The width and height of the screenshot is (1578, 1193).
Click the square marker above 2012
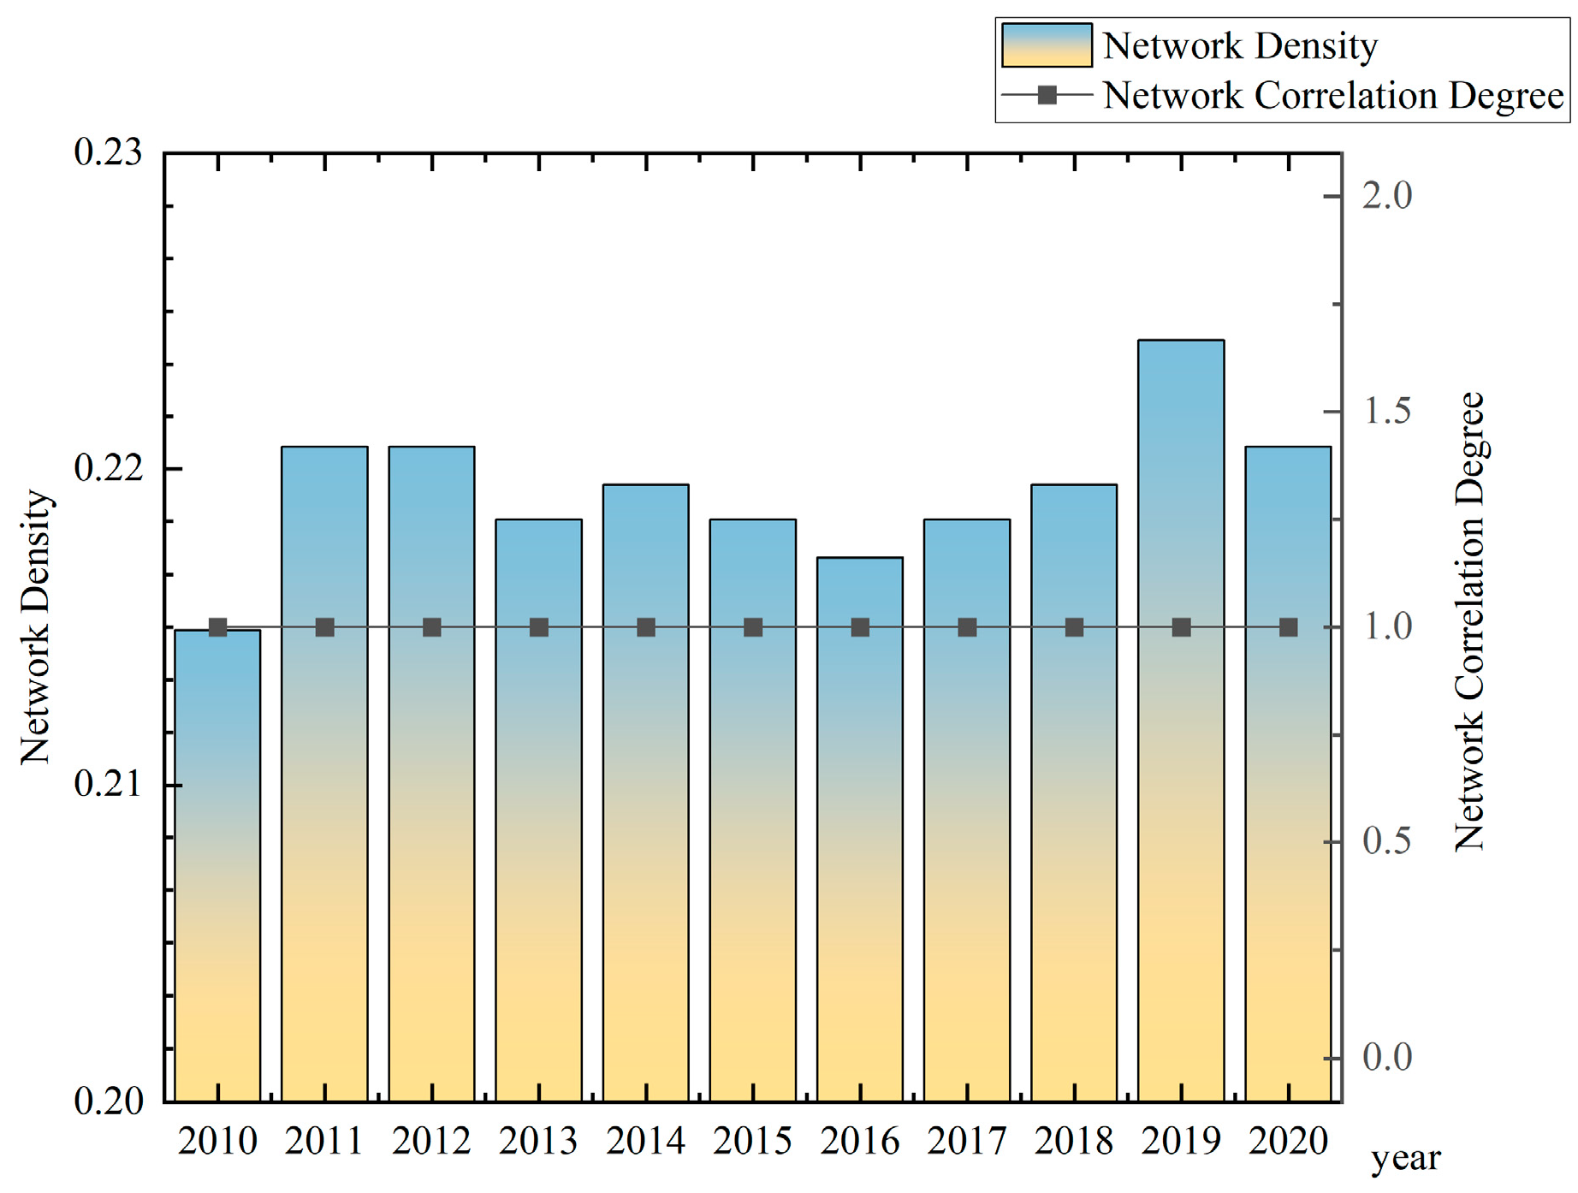pyautogui.click(x=432, y=627)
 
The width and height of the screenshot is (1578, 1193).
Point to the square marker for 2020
pyautogui.click(x=1289, y=627)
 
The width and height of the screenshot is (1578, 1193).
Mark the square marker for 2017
pyautogui.click(x=967, y=627)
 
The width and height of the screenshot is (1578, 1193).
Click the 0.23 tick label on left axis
pyautogui.click(x=108, y=153)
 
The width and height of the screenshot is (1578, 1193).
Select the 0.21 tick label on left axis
pyautogui.click(x=108, y=784)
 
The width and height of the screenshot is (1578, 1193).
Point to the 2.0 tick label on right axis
pyautogui.click(x=1387, y=196)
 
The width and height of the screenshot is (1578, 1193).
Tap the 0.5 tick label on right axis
pyautogui.click(x=1387, y=841)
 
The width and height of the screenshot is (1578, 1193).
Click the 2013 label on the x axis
pyautogui.click(x=538, y=1142)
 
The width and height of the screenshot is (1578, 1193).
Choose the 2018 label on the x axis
pyautogui.click(x=1074, y=1142)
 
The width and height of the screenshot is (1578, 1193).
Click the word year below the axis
pyautogui.click(x=1406, y=1160)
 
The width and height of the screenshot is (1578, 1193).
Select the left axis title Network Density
pyautogui.click(x=36, y=627)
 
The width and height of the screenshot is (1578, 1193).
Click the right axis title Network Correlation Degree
pyautogui.click(x=1469, y=621)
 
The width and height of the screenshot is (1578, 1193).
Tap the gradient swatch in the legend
pyautogui.click(x=1047, y=45)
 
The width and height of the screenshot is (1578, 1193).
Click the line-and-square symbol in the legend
pyautogui.click(x=1047, y=95)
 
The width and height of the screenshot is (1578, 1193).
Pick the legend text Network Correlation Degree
pyautogui.click(x=1333, y=96)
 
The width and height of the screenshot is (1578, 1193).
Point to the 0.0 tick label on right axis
pyautogui.click(x=1387, y=1058)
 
